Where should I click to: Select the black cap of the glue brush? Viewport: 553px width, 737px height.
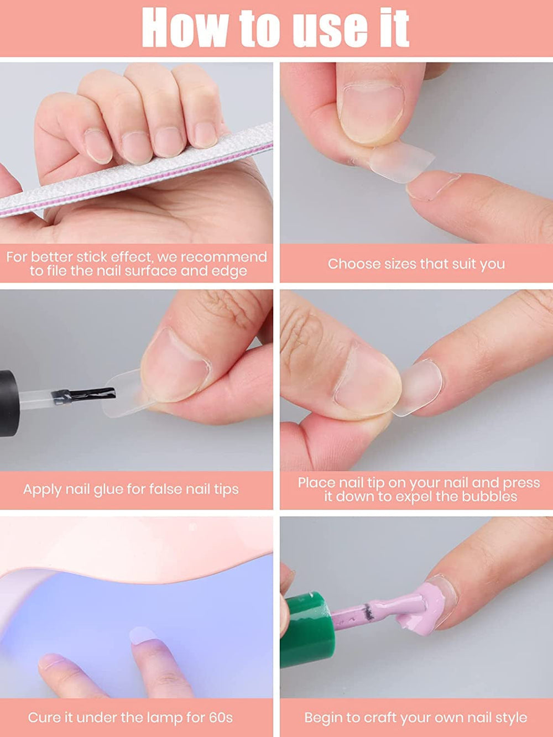[x=8, y=403]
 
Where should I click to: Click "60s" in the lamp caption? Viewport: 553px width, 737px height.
[x=221, y=718]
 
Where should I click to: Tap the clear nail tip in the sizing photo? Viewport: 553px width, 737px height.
[x=402, y=161]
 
